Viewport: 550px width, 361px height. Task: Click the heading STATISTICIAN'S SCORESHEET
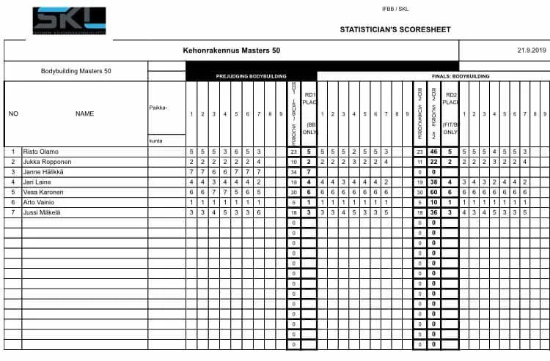pyautogui.click(x=395, y=30)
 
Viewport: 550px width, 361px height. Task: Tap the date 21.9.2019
pyautogui.click(x=527, y=51)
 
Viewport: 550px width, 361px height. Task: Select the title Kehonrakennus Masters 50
pyautogui.click(x=230, y=51)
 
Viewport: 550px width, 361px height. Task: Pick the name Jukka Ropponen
pyautogui.click(x=48, y=161)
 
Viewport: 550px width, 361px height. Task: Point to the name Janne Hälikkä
pyautogui.click(x=45, y=171)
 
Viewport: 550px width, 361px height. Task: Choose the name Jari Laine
pyautogui.click(x=39, y=182)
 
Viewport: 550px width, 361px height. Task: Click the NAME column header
pyautogui.click(x=84, y=113)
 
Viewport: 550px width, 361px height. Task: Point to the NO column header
pyautogui.click(x=13, y=113)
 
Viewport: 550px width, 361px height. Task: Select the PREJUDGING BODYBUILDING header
pyautogui.click(x=251, y=76)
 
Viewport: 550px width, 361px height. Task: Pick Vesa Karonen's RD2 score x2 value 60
pyautogui.click(x=434, y=192)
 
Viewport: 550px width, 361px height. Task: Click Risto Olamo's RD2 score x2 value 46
pyautogui.click(x=434, y=151)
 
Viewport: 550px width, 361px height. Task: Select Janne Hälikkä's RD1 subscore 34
pyautogui.click(x=293, y=171)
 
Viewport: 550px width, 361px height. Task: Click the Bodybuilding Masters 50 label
pyautogui.click(x=76, y=71)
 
